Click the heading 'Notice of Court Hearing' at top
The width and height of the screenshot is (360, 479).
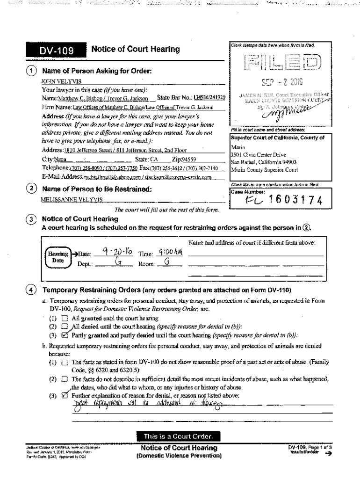point(136,49)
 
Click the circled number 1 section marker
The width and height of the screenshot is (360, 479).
point(31,71)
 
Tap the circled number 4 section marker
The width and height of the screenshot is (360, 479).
point(31,289)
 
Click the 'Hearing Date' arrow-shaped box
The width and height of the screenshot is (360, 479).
point(58,256)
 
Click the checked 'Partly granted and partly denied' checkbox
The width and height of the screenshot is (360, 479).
point(65,335)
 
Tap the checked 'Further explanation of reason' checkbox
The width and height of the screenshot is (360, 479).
point(65,395)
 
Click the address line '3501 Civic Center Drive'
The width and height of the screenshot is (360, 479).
point(259,155)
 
